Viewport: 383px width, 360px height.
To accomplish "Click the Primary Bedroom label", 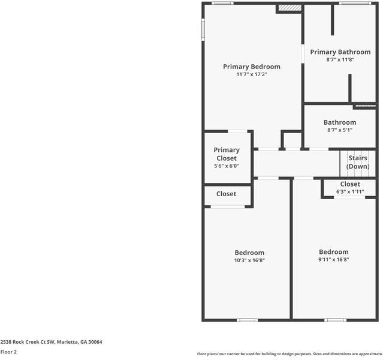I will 252,67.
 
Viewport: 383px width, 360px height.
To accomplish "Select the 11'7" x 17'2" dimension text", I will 252,75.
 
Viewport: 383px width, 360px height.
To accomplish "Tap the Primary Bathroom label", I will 340,52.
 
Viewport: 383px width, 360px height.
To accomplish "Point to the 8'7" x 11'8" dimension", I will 340,59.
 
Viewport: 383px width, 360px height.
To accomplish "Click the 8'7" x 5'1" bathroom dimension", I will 340,130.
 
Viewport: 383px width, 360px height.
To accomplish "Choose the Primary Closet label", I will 227,154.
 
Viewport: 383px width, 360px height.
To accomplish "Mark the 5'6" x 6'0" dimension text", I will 227,166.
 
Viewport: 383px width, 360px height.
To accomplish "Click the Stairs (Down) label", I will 358,162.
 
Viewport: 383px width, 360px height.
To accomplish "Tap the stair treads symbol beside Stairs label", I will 345,162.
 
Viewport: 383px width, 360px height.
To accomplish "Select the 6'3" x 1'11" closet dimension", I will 350,192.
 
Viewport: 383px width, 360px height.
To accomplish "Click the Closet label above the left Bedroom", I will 226,194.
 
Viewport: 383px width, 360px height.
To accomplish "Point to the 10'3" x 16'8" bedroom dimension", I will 249,260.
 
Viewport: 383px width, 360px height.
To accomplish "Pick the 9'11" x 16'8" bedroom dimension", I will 334,260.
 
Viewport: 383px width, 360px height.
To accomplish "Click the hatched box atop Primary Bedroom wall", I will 289,8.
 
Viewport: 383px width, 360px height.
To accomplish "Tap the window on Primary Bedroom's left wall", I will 203,28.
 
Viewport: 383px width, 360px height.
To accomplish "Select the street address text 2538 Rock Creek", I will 51,342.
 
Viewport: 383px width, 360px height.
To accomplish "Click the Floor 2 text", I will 8,352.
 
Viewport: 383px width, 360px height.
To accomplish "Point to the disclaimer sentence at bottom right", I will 289,354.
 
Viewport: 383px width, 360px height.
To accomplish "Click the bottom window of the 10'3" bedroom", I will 247,320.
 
